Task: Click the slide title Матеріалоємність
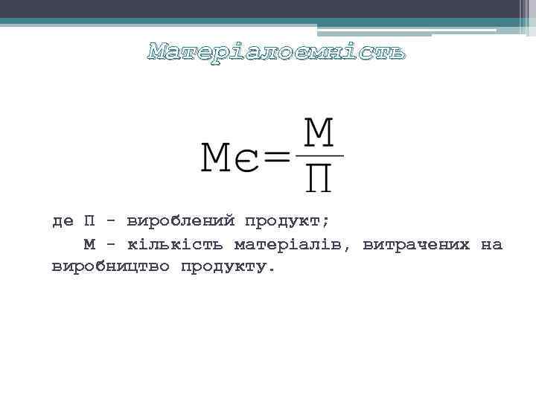tap(277, 52)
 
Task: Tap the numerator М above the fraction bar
tap(319, 135)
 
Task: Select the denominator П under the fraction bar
tap(319, 178)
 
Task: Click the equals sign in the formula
tap(277, 157)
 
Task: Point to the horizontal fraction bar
tap(319, 156)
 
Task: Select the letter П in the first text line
tap(89, 221)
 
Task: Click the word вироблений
tap(181, 222)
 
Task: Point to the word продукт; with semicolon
tap(287, 222)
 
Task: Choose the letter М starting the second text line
tap(89, 244)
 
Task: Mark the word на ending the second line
tap(491, 244)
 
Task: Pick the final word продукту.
tap(228, 267)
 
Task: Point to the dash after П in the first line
tap(111, 222)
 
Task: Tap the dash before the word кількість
tap(111, 244)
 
